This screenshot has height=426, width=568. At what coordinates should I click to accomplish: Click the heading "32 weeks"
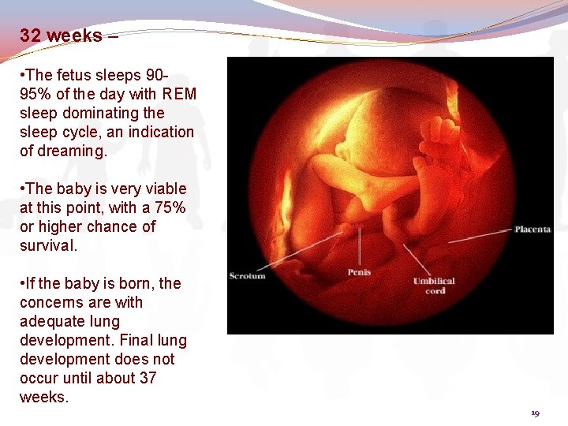click(x=61, y=35)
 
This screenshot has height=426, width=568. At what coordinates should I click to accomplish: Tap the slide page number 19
click(x=535, y=413)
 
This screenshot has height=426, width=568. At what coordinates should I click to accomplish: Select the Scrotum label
click(x=247, y=275)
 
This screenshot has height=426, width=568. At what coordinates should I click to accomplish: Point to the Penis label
click(x=359, y=272)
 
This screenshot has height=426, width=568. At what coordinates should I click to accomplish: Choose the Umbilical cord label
click(x=434, y=286)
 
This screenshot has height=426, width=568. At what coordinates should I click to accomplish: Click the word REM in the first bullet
click(x=180, y=94)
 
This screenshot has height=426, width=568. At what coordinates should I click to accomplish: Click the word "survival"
click(x=48, y=245)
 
